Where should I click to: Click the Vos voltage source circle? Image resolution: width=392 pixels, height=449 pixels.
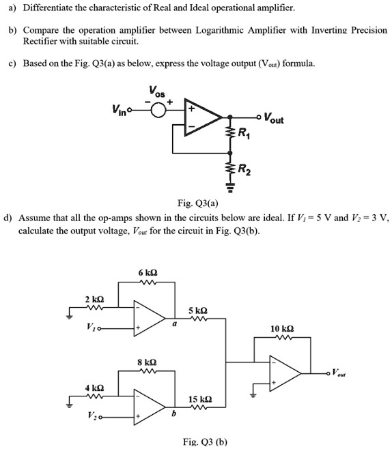pos(160,111)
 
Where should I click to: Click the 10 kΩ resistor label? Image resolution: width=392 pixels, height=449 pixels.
pos(281,329)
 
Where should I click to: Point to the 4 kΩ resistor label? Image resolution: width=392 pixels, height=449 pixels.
pos(94,388)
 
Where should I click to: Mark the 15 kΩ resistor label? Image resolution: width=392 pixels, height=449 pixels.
pos(204,399)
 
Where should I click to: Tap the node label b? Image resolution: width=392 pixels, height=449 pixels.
pos(173,414)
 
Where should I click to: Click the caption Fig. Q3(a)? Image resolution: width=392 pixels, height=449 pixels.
pos(196,203)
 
